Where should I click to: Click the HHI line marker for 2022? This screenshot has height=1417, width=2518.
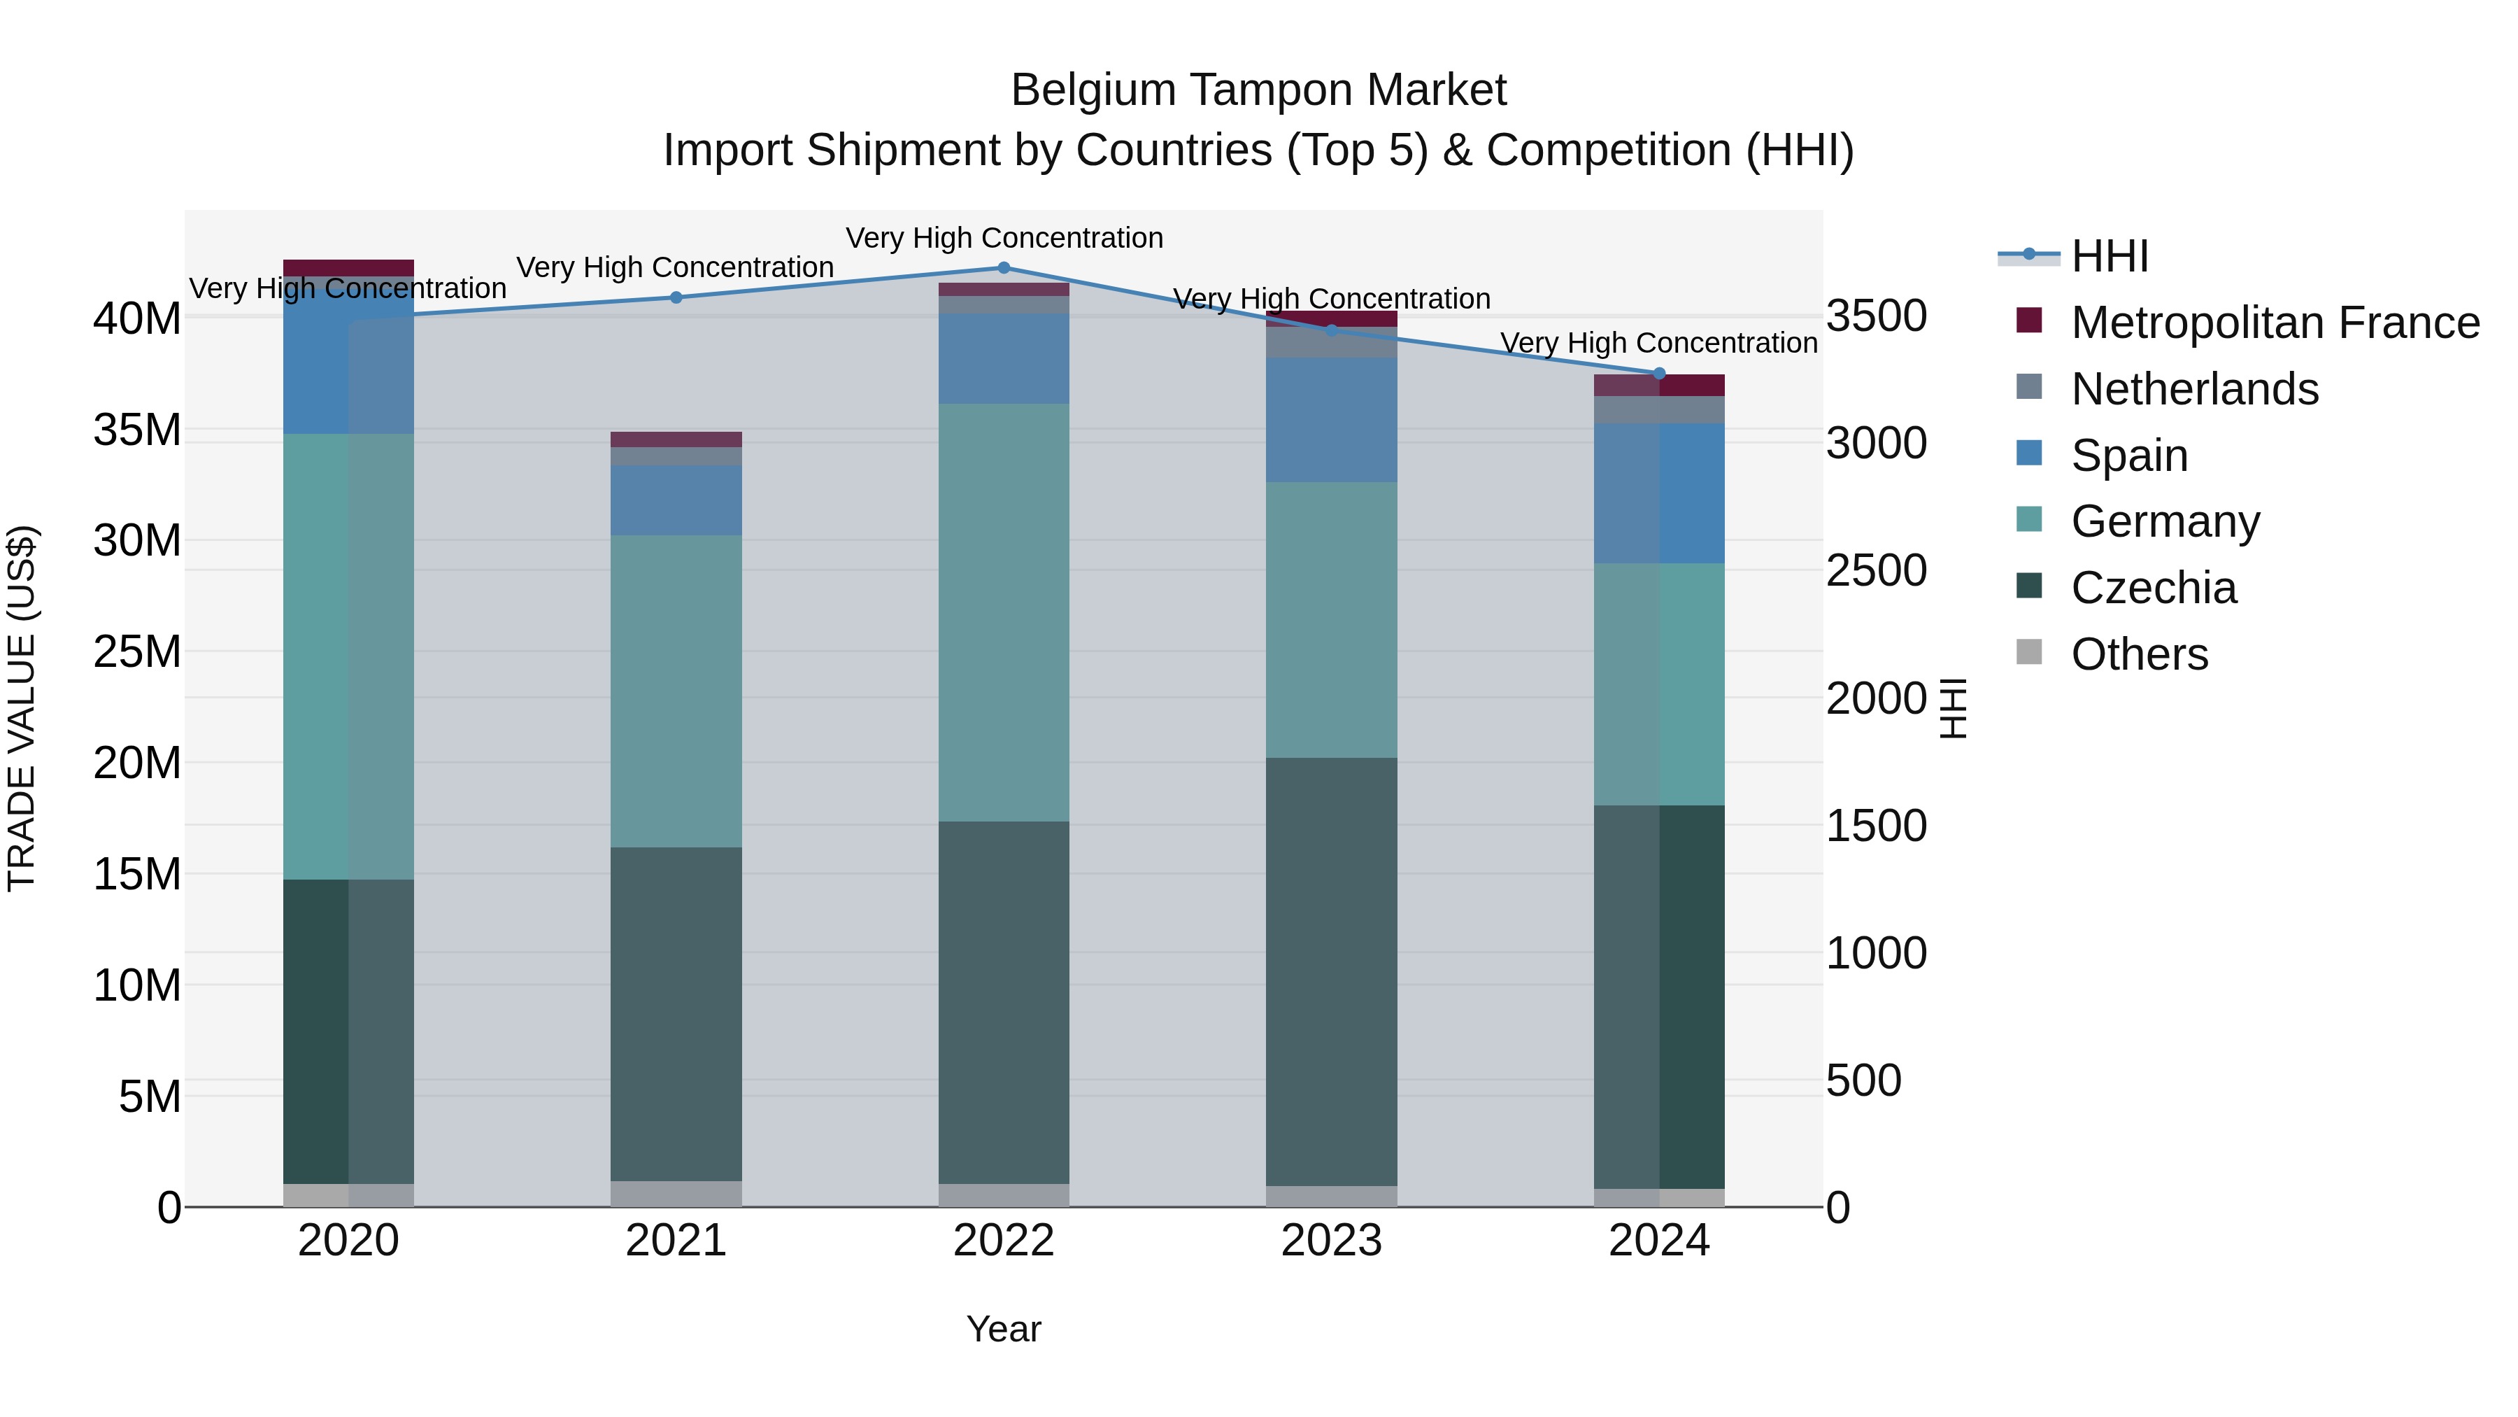click(1004, 267)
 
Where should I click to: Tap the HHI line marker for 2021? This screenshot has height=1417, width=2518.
click(676, 297)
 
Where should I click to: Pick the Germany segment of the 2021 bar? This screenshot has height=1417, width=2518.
click(676, 691)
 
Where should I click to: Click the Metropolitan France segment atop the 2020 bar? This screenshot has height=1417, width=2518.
click(349, 268)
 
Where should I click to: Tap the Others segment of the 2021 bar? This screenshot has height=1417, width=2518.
click(676, 1193)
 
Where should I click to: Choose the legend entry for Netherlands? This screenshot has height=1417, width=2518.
click(2194, 389)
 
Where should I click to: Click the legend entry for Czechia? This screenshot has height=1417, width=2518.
click(2154, 588)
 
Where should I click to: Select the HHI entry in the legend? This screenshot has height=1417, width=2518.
click(2110, 256)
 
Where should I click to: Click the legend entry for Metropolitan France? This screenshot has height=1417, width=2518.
click(2275, 323)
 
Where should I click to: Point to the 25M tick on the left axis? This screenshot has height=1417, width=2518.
click(137, 651)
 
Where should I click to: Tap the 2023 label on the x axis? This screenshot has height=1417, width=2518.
click(1331, 1241)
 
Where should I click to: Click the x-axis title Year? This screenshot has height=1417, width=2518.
click(1004, 1329)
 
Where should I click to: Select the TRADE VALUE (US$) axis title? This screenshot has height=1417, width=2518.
click(22, 708)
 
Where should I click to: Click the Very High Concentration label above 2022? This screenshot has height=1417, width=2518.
click(1004, 238)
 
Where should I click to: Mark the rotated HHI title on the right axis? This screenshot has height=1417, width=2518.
click(1953, 708)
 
